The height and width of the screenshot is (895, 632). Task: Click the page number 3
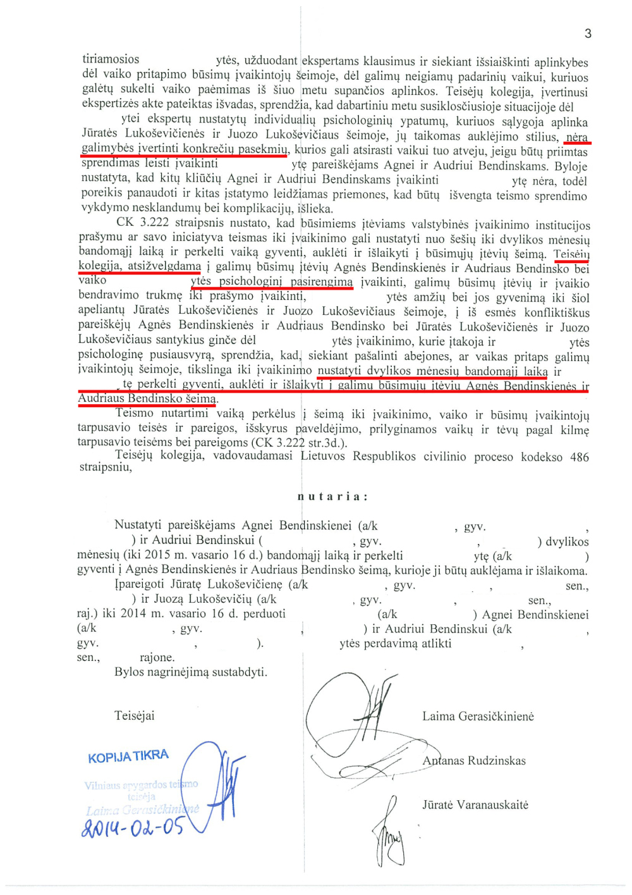pyautogui.click(x=588, y=34)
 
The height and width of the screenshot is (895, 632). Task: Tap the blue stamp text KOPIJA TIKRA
pyautogui.click(x=128, y=756)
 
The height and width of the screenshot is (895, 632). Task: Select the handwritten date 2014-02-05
pyautogui.click(x=133, y=827)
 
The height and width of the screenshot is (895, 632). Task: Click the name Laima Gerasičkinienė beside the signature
pyautogui.click(x=478, y=717)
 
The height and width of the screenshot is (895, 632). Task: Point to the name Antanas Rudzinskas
pyautogui.click(x=474, y=761)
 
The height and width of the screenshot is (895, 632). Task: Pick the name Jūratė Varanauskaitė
pyautogui.click(x=475, y=805)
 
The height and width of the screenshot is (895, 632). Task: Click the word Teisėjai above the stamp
pyautogui.click(x=134, y=716)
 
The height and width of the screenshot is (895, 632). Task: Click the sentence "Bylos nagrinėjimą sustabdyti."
pyautogui.click(x=191, y=672)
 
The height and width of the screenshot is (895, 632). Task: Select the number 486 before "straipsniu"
pyautogui.click(x=580, y=457)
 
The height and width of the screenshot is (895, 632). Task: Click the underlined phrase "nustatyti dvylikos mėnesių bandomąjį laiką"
pyautogui.click(x=432, y=371)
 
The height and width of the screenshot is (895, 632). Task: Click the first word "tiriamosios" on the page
pyautogui.click(x=111, y=59)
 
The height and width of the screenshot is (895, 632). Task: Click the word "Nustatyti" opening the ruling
pyautogui.click(x=138, y=526)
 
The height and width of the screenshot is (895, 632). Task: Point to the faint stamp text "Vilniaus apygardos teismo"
pyautogui.click(x=141, y=785)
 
